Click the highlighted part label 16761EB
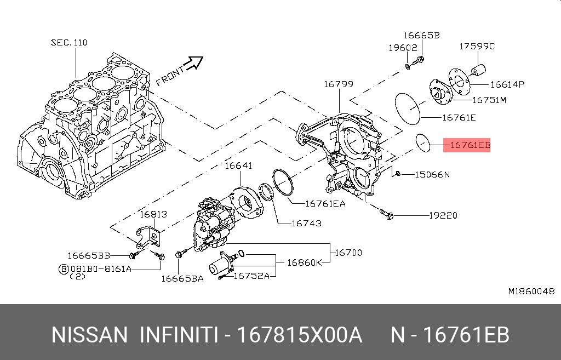pos(470,146)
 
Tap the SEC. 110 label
pos(69,42)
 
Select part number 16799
pos(338,84)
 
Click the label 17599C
pos(477,47)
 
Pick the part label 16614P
pos(507,84)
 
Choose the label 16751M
pos(489,100)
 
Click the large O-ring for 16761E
pos(407,108)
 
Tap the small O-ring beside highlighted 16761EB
pos(422,142)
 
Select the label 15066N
pos(432,175)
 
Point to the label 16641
pos(238,165)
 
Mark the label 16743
pos(306,224)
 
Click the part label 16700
pos(348,253)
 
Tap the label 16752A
pos(251,276)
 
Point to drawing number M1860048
pos(531,291)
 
